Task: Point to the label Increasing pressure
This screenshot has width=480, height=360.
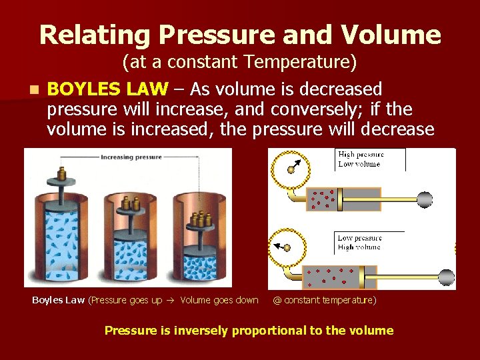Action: (x=131, y=157)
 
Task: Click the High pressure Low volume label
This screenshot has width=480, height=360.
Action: (x=360, y=159)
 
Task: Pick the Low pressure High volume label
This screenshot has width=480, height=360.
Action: (x=359, y=242)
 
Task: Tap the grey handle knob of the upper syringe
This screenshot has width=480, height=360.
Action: (x=424, y=199)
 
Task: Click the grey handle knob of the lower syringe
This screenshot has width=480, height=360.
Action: (x=446, y=277)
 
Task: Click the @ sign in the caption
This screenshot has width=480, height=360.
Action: (x=277, y=301)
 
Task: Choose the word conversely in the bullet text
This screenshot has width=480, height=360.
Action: (x=327, y=109)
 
